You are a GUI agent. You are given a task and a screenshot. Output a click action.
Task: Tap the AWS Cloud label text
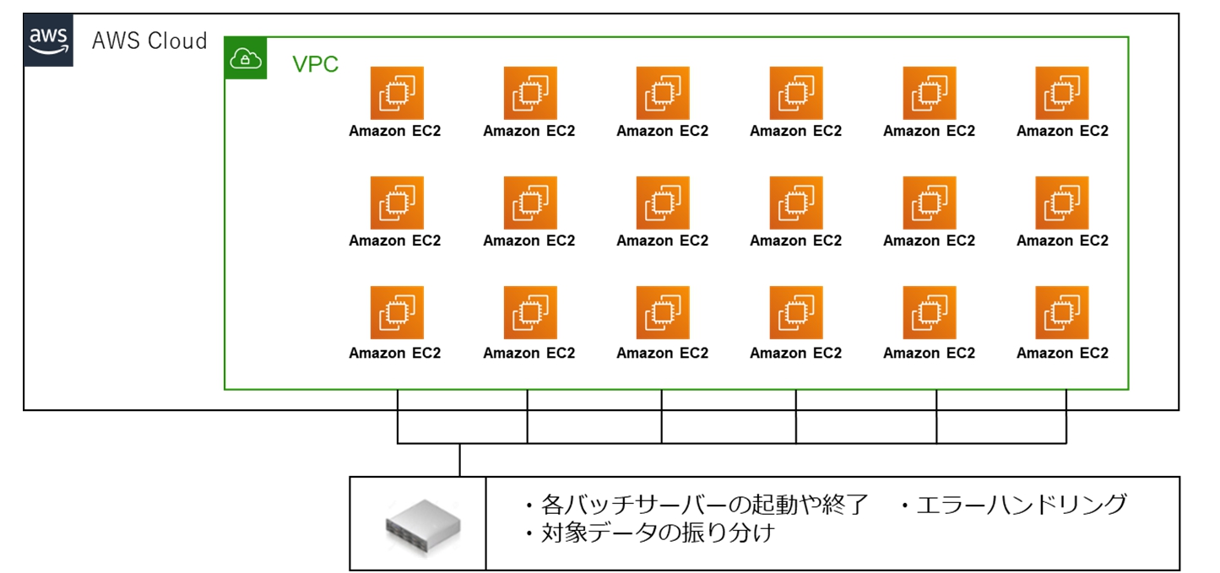tap(149, 41)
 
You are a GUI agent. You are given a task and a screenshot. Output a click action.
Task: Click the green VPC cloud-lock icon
tap(246, 58)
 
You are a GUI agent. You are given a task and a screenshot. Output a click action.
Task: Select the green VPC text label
tap(315, 64)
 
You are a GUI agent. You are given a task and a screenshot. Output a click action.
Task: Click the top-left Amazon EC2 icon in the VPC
tap(396, 93)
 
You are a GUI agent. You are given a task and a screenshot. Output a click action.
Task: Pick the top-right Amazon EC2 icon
tap(1062, 93)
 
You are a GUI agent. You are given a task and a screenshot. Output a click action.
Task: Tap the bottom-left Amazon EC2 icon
tap(396, 312)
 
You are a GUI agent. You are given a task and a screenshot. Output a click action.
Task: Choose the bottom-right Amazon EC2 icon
tap(1062, 312)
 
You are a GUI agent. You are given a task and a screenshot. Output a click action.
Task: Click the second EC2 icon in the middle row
tap(529, 203)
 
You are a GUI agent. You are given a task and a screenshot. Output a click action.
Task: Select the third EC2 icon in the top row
tap(663, 93)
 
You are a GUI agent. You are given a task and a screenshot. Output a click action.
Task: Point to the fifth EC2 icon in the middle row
tap(929, 203)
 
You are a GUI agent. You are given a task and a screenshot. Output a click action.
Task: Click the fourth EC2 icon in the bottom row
tap(795, 312)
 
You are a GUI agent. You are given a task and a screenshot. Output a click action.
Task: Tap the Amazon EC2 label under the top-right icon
tap(1062, 131)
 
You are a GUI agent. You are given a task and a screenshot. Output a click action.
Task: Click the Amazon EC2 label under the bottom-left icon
tap(395, 353)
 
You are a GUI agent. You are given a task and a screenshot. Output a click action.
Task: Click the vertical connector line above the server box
tap(459, 460)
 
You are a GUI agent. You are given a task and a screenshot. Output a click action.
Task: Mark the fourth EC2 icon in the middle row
tap(795, 203)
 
